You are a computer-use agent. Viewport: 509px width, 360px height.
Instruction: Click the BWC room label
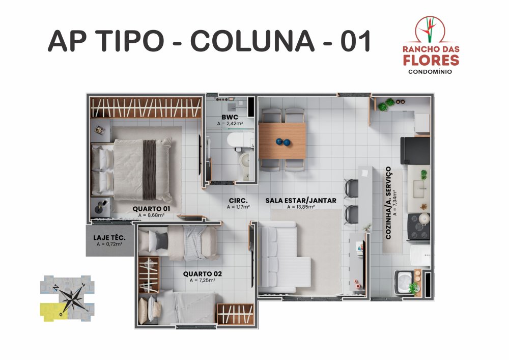[x=230, y=117]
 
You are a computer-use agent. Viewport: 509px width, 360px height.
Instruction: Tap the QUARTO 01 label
[x=151, y=209]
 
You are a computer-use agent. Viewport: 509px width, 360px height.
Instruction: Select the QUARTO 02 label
[x=202, y=274]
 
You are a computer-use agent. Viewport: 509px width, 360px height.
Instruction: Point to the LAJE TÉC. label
[x=109, y=238]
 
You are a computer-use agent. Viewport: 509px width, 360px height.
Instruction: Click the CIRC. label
[x=238, y=201]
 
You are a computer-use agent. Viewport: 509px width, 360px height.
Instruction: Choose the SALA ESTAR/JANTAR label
[x=301, y=201]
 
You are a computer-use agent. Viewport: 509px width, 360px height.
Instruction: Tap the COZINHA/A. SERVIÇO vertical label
[x=388, y=203]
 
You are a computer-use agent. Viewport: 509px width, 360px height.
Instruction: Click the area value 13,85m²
[x=301, y=207]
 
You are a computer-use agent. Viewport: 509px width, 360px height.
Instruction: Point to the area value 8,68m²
[x=151, y=215]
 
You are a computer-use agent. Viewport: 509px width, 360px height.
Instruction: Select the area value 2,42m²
[x=230, y=124]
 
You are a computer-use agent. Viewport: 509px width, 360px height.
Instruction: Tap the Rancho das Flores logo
[x=431, y=45]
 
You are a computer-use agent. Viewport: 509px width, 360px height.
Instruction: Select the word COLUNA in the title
[x=252, y=41]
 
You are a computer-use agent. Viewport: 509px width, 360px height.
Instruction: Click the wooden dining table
[x=282, y=141]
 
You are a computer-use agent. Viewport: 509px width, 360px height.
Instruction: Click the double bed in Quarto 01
[x=131, y=170]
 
